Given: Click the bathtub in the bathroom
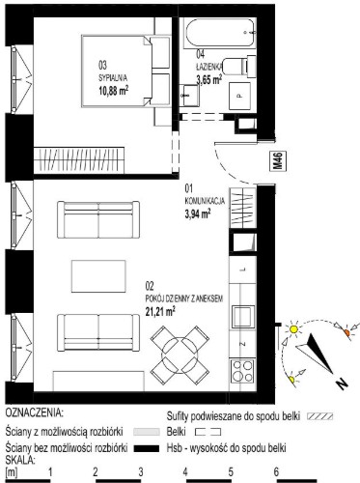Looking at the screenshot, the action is click(x=220, y=33).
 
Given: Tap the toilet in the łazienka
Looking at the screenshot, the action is click(x=239, y=67).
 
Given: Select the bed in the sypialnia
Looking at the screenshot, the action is click(x=125, y=71).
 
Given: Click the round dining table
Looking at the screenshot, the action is click(x=180, y=355).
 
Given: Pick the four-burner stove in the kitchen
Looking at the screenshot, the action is click(x=243, y=370).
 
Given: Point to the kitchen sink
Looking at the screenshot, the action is click(x=243, y=317).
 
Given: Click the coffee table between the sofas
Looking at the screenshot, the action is click(x=98, y=276).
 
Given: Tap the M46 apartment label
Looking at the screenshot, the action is click(x=278, y=161).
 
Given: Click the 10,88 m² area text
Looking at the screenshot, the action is click(x=114, y=91).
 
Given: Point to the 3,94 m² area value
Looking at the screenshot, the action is click(x=198, y=213).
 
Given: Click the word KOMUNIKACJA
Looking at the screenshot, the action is click(x=205, y=201).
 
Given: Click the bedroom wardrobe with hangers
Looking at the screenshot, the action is click(x=79, y=160).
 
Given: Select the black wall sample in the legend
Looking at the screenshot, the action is click(x=147, y=448).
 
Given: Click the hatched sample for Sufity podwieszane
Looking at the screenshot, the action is click(x=320, y=416).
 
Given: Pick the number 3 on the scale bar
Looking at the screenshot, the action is click(x=141, y=472).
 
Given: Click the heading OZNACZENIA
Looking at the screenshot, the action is click(x=34, y=412).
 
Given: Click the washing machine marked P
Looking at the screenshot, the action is click(x=239, y=96).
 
